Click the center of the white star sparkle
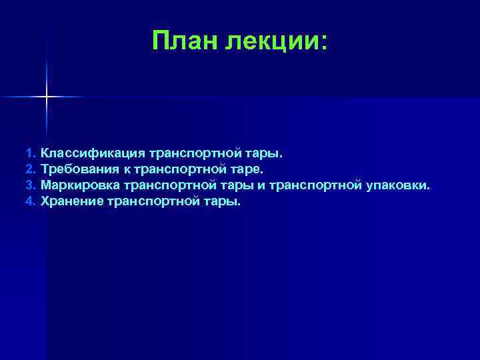(47, 97)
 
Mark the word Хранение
(71, 200)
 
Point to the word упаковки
(398, 185)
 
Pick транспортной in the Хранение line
(153, 200)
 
